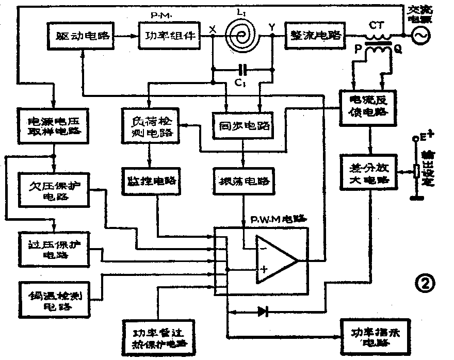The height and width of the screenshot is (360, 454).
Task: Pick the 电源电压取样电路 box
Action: [x=52, y=124]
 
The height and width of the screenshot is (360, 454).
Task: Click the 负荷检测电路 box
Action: [x=149, y=126]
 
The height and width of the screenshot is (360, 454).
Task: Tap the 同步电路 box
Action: [x=243, y=126]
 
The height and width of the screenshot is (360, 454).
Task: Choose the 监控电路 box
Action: [x=149, y=182]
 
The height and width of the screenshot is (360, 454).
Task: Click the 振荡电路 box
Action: [x=243, y=182]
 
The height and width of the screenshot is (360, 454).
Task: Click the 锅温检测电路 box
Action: [x=52, y=299]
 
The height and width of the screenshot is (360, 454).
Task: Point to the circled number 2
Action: [x=427, y=283]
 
